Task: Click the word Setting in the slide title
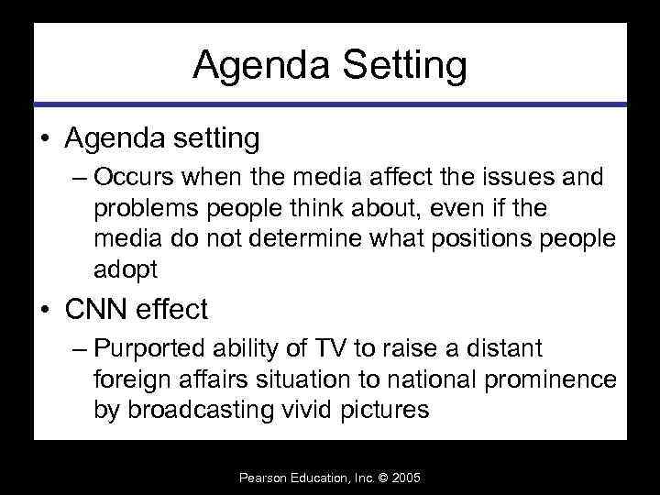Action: click(401, 66)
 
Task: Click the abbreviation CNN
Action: click(97, 310)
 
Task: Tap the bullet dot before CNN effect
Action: click(44, 311)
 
